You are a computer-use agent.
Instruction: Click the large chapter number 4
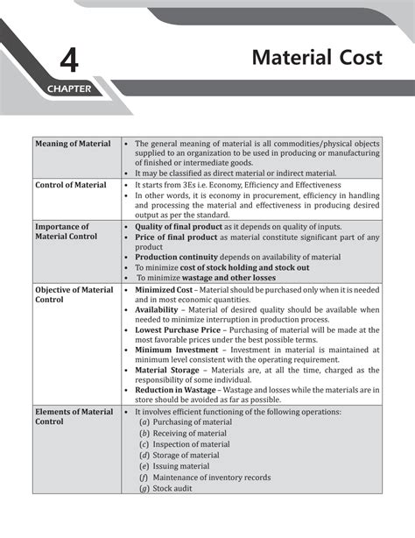pyautogui.click(x=70, y=62)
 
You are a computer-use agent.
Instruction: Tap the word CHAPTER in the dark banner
pyautogui.click(x=69, y=89)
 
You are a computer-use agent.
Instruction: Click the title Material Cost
pyautogui.click(x=317, y=58)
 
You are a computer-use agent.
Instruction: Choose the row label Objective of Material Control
pyautogui.click(x=74, y=294)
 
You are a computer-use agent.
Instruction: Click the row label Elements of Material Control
pyautogui.click(x=74, y=415)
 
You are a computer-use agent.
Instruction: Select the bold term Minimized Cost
pyautogui.click(x=165, y=289)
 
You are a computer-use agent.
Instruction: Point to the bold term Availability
pyautogui.click(x=157, y=310)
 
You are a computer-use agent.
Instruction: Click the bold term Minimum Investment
pyautogui.click(x=175, y=350)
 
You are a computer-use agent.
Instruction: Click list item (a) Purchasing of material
pyautogui.click(x=186, y=421)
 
